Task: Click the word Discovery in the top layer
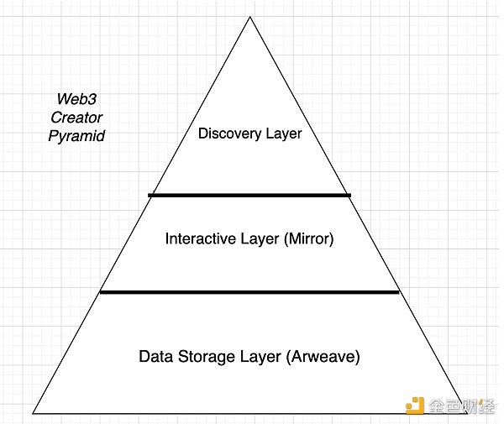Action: [x=228, y=133]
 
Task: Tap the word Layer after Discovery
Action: [x=281, y=133]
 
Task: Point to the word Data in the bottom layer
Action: [x=155, y=357]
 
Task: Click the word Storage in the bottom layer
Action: [x=204, y=357]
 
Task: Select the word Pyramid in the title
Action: [x=76, y=136]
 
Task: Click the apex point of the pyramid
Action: [x=249, y=17]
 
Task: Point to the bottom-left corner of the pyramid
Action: [x=34, y=412]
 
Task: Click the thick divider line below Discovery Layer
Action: [x=249, y=196]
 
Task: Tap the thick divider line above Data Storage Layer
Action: [x=249, y=292]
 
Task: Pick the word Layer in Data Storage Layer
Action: [x=257, y=357]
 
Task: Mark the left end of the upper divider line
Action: [x=150, y=196]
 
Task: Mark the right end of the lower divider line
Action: [x=397, y=292]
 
